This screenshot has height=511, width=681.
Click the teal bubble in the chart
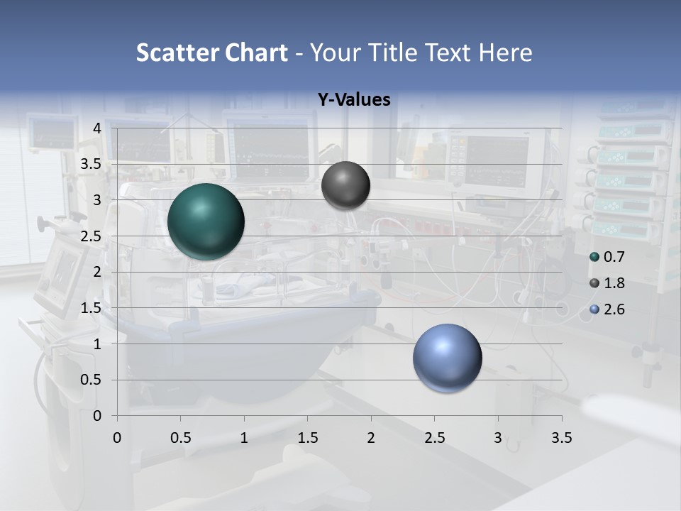point(206,221)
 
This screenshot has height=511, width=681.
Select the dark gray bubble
point(345,185)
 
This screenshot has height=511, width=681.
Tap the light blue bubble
point(447,358)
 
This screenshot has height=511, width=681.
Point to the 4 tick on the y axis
point(97,128)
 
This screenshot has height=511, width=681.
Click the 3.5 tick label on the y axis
point(91,164)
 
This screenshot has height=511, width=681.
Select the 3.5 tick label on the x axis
point(561,438)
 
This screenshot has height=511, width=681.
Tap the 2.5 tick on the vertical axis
point(91,236)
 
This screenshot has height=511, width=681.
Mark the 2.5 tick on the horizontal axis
point(434,438)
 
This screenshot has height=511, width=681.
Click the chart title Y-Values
point(353,100)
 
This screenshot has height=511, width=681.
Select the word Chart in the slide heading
point(256,53)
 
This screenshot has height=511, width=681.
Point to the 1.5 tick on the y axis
point(91,308)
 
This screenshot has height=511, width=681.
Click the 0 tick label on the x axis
point(117,438)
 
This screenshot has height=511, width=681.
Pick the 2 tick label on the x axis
point(371,438)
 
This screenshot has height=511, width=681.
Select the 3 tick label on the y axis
point(97,200)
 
